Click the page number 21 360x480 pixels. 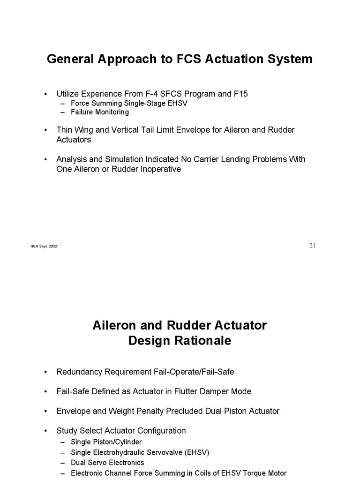312,246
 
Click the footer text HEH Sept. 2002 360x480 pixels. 44,247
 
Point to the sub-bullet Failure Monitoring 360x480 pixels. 99,112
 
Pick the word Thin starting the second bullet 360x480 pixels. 65,130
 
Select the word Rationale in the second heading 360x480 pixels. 202,341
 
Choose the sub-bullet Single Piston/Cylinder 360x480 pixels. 106,442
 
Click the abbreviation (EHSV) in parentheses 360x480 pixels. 197,452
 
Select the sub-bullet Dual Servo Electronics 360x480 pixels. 107,463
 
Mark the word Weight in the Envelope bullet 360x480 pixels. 121,411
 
